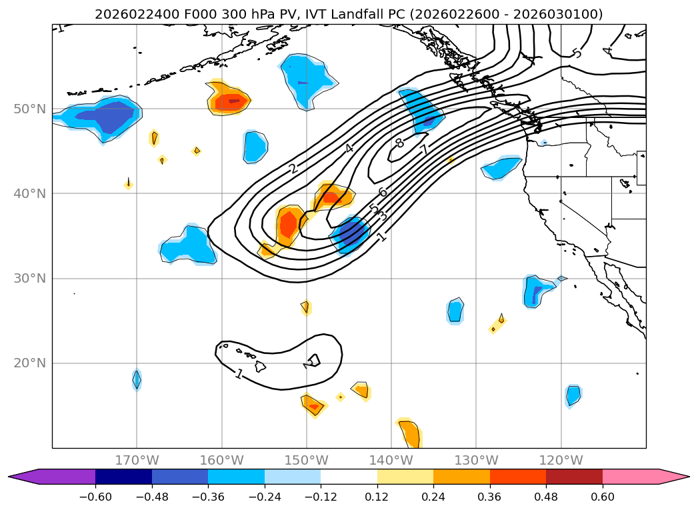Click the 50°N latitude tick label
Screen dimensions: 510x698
29,109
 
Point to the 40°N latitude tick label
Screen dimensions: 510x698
29,193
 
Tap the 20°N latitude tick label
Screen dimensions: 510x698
29,363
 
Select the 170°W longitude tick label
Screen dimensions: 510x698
137,460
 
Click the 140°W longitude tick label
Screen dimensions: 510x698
391,460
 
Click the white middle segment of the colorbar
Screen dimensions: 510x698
349,476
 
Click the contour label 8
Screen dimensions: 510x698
399,143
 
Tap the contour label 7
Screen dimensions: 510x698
424,150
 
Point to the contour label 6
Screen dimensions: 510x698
382,193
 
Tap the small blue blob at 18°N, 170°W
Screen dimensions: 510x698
137,379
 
